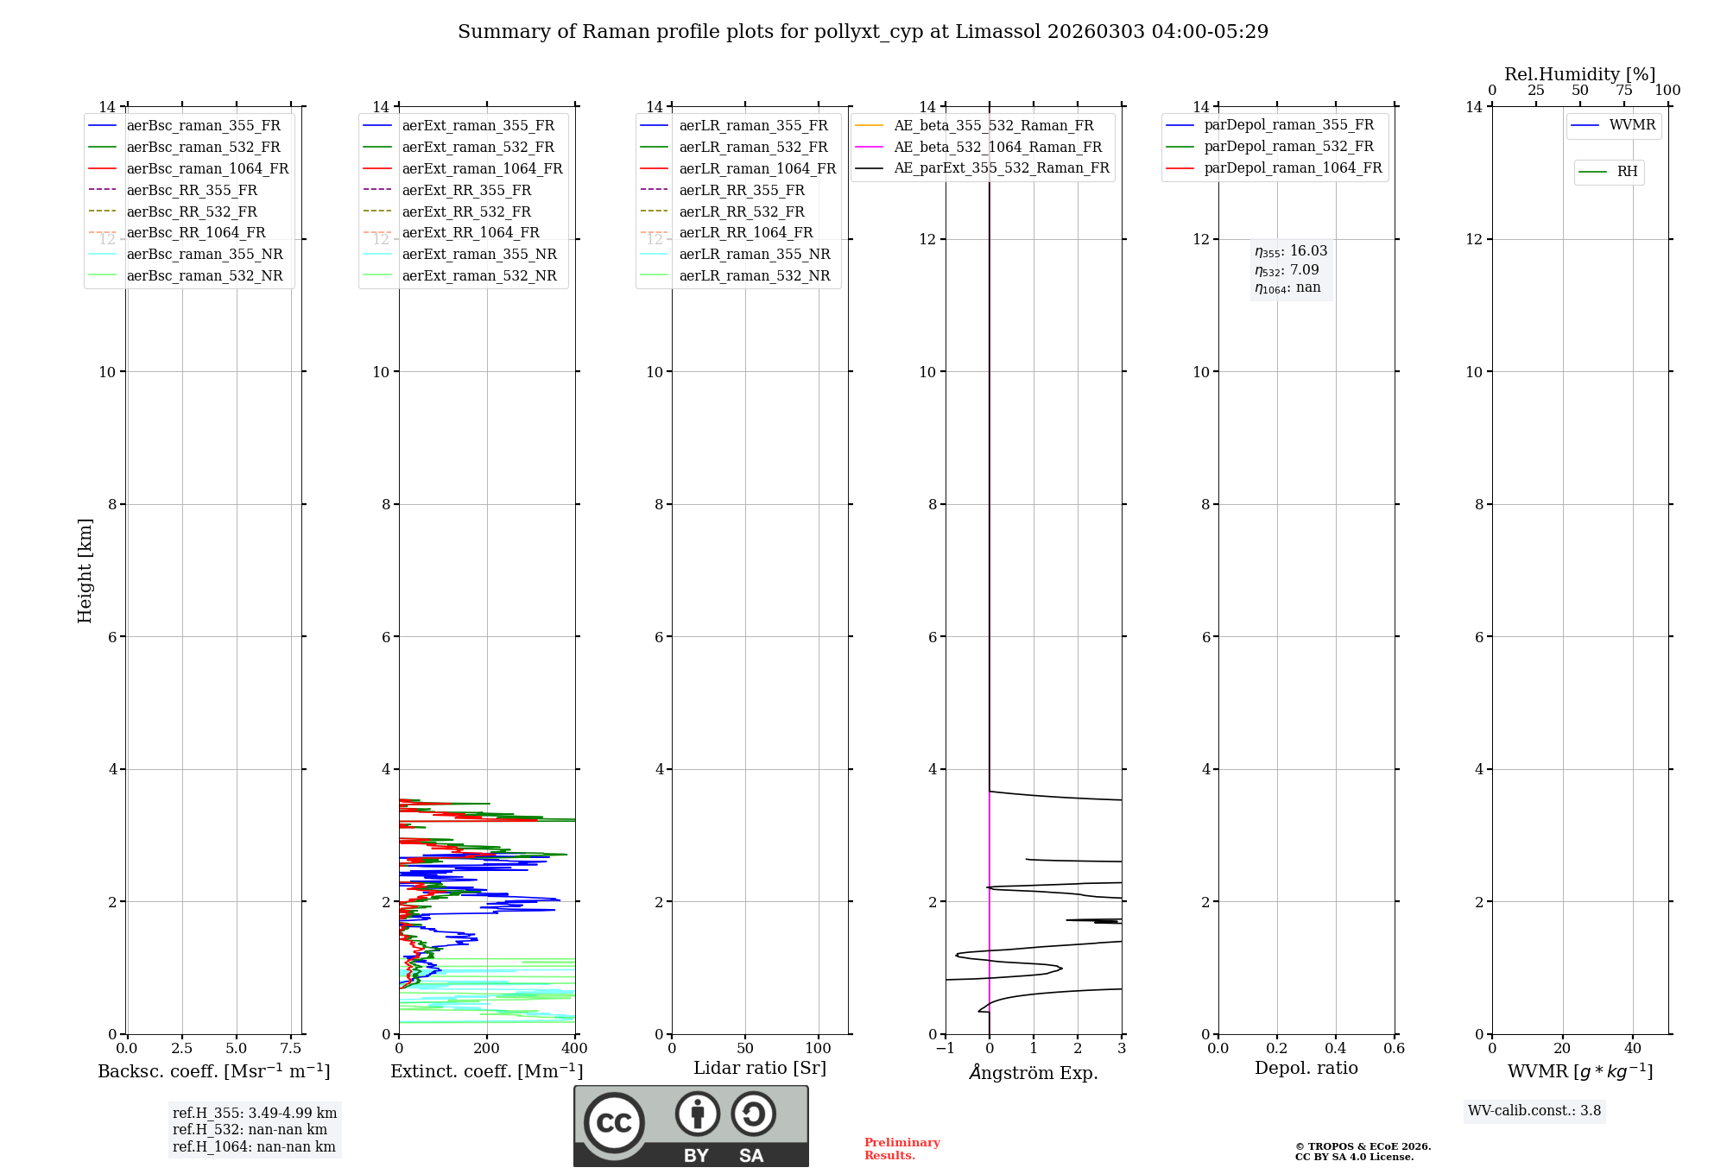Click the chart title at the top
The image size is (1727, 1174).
point(863,32)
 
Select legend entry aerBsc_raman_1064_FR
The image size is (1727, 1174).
point(207,168)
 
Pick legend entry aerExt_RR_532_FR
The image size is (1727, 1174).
point(466,211)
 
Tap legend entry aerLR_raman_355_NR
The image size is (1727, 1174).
point(754,254)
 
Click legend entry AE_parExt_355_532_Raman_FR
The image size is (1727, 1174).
point(1001,167)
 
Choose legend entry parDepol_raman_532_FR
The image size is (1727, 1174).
point(1288,147)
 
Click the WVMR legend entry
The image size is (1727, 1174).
point(1632,125)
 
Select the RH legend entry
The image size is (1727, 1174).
point(1627,172)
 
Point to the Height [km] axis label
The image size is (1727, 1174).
point(85,570)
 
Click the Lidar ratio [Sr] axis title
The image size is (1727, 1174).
point(760,1068)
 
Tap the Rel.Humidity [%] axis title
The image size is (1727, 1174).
point(1579,74)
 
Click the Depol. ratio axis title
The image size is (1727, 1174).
point(1306,1068)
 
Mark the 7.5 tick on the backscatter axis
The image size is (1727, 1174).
point(291,1049)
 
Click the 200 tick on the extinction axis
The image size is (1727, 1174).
point(487,1049)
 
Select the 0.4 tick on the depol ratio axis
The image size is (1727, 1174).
point(1336,1049)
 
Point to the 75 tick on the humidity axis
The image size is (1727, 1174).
point(1623,91)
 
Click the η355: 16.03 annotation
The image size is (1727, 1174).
point(1291,251)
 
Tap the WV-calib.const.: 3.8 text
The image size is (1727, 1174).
point(1534,1111)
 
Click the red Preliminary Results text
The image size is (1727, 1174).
point(901,1149)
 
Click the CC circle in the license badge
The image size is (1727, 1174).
point(614,1122)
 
